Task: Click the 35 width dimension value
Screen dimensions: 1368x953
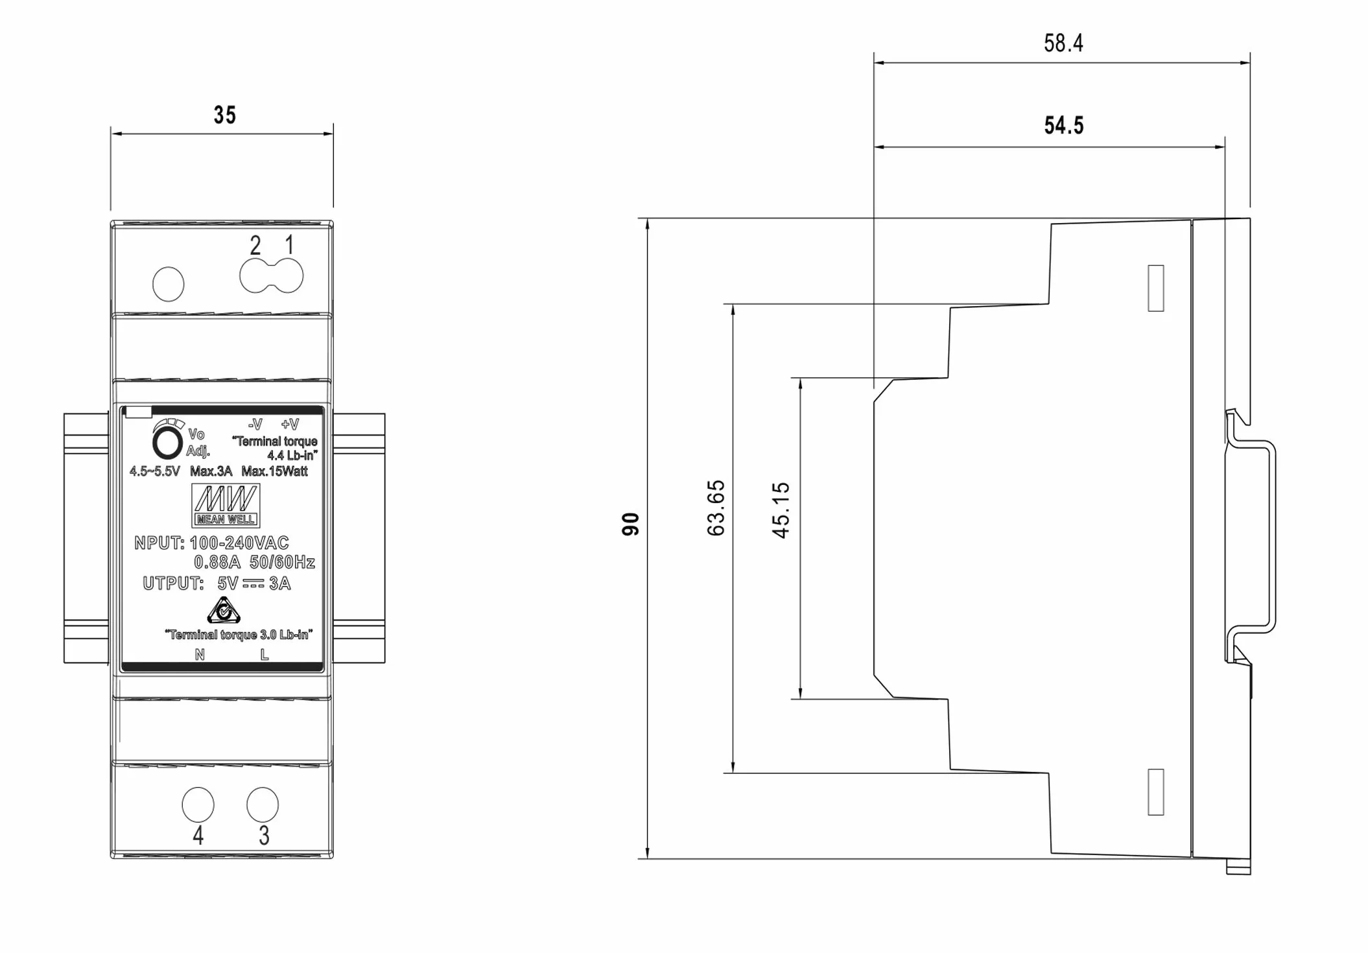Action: (x=225, y=115)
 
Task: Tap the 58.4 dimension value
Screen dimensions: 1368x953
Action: (x=1063, y=43)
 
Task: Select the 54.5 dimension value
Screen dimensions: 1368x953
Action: (x=1063, y=125)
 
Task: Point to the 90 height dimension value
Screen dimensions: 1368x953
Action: (x=631, y=524)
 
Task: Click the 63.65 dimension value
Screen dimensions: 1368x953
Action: (x=716, y=508)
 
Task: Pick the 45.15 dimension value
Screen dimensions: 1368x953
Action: (x=781, y=510)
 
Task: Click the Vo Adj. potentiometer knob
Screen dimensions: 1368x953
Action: (x=167, y=444)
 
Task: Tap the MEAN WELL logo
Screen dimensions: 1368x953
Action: (x=226, y=505)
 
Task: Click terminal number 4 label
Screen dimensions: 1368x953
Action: (x=198, y=836)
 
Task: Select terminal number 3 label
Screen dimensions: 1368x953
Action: (x=264, y=836)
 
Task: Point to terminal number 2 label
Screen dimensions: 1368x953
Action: (x=255, y=246)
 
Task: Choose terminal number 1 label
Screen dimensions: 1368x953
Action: (x=289, y=245)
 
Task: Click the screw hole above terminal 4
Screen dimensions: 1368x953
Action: (x=198, y=805)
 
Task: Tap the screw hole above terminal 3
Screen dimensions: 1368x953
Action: (x=263, y=805)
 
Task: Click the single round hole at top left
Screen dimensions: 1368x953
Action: (x=169, y=284)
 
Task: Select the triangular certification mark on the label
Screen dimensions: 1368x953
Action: (x=224, y=610)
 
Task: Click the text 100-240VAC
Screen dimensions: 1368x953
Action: (x=239, y=543)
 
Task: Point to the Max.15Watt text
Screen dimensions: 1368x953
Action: (x=274, y=471)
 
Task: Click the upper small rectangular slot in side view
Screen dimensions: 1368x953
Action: (x=1155, y=288)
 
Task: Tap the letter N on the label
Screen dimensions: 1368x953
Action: (x=200, y=655)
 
